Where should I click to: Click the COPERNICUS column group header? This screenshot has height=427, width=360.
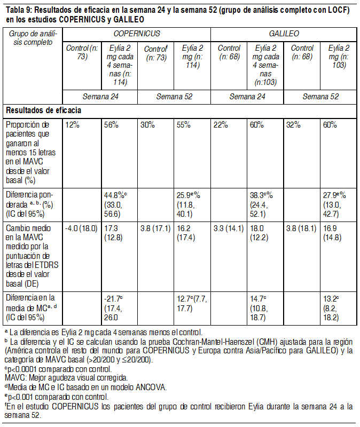click(x=137, y=33)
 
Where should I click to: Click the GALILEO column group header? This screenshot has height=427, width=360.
click(x=284, y=33)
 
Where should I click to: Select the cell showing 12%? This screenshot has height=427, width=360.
click(x=73, y=125)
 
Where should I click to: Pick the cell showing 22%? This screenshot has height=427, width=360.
click(x=221, y=125)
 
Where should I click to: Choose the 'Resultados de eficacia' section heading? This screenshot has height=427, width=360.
click(x=44, y=110)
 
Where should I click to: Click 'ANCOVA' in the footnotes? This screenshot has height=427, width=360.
click(x=142, y=387)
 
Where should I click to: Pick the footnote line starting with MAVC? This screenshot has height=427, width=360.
click(x=66, y=378)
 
